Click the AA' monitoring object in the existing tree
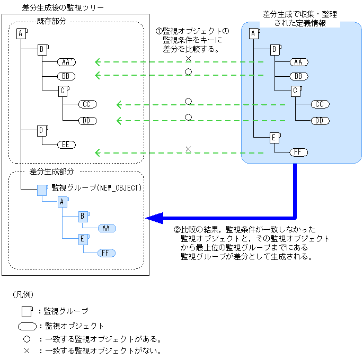66,62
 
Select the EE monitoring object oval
66,145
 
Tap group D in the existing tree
42,131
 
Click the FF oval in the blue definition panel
299,152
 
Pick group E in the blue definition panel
275,138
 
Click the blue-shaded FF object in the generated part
106,253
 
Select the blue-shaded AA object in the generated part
107,228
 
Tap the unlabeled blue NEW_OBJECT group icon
42,190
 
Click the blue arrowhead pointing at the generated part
155,218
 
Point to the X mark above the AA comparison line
189,59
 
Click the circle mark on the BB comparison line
189,72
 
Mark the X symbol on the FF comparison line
189,149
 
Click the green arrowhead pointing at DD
119,121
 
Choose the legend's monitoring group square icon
27,311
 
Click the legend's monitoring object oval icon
28,326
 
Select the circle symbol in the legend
27,339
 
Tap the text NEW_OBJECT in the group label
119,188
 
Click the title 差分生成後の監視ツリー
63,8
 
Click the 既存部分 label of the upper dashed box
51,21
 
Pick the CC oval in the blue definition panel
320,104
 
